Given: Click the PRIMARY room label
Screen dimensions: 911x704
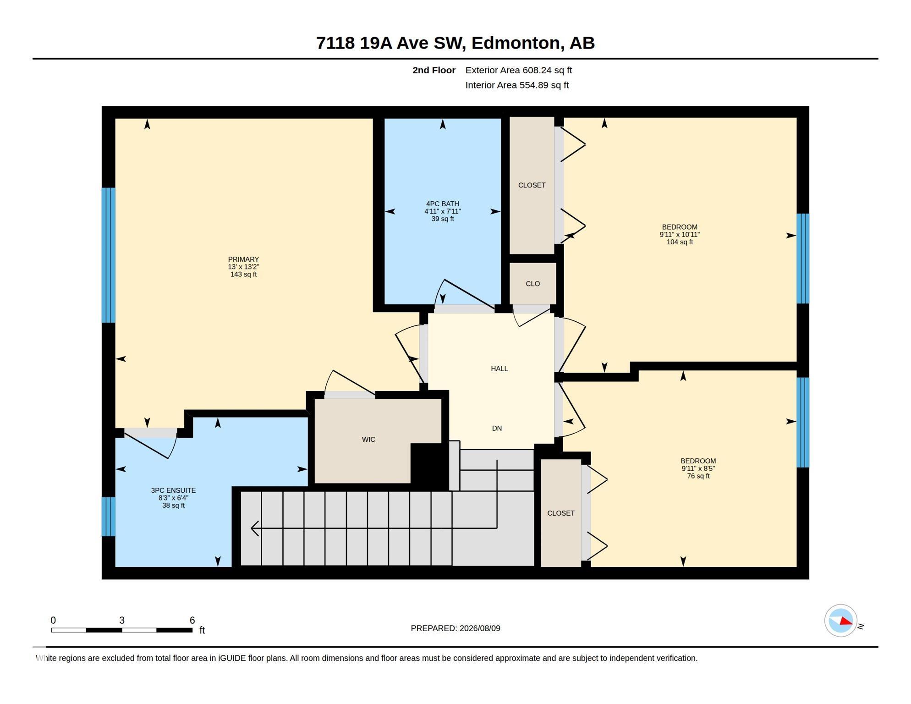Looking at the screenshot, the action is tap(243, 259).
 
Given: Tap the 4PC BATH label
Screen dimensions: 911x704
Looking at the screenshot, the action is tap(442, 204).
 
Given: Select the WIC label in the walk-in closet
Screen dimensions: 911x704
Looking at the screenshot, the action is tap(368, 440).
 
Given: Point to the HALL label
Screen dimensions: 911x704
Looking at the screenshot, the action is tap(499, 368).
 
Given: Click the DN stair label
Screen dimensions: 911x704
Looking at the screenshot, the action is tap(497, 428).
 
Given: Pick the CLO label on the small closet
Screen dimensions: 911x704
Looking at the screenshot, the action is tap(532, 284).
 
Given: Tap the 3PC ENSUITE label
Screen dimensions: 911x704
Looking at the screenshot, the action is tap(173, 490).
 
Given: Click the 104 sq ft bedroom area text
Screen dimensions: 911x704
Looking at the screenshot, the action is tap(680, 242).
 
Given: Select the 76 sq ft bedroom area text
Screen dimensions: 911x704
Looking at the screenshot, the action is tap(698, 476).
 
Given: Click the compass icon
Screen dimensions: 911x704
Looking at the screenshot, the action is tap(840, 621).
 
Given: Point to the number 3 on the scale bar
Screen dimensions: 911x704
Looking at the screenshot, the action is tap(122, 620).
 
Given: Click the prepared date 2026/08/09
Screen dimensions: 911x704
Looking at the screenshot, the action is tap(480, 628).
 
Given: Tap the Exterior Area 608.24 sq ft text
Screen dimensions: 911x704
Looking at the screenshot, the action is tap(518, 70).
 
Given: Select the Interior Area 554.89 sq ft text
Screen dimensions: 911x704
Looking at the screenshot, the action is tap(517, 85).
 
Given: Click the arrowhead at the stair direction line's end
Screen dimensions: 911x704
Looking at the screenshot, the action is tap(255, 528).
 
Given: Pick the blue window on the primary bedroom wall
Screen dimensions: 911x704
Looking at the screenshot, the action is tap(108, 255).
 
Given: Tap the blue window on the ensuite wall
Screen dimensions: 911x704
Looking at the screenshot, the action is tap(108, 517).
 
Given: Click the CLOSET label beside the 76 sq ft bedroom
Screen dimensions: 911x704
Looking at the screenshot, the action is tap(560, 513).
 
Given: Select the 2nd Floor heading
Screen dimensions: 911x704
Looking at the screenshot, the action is tap(434, 70).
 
